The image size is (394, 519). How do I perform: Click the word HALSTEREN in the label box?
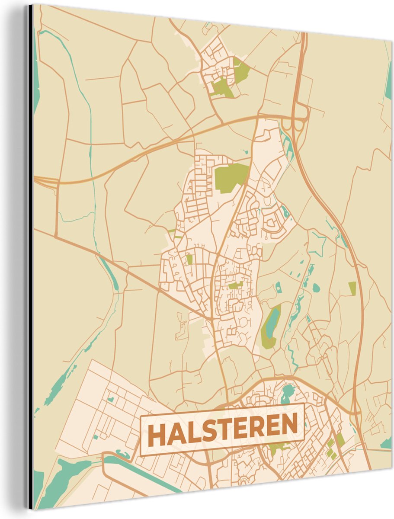click(x=223, y=429)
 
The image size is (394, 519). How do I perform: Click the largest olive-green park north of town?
click(x=230, y=176)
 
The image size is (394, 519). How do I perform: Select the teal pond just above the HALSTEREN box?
click(x=287, y=393)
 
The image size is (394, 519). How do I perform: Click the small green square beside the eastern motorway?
click(x=352, y=288)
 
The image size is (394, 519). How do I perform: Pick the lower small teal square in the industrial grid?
click(x=95, y=437)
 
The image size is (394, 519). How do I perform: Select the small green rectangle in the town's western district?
click(x=189, y=259)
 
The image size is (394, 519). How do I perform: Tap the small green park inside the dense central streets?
click(x=235, y=285)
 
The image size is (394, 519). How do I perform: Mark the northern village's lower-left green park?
click(x=221, y=88)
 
